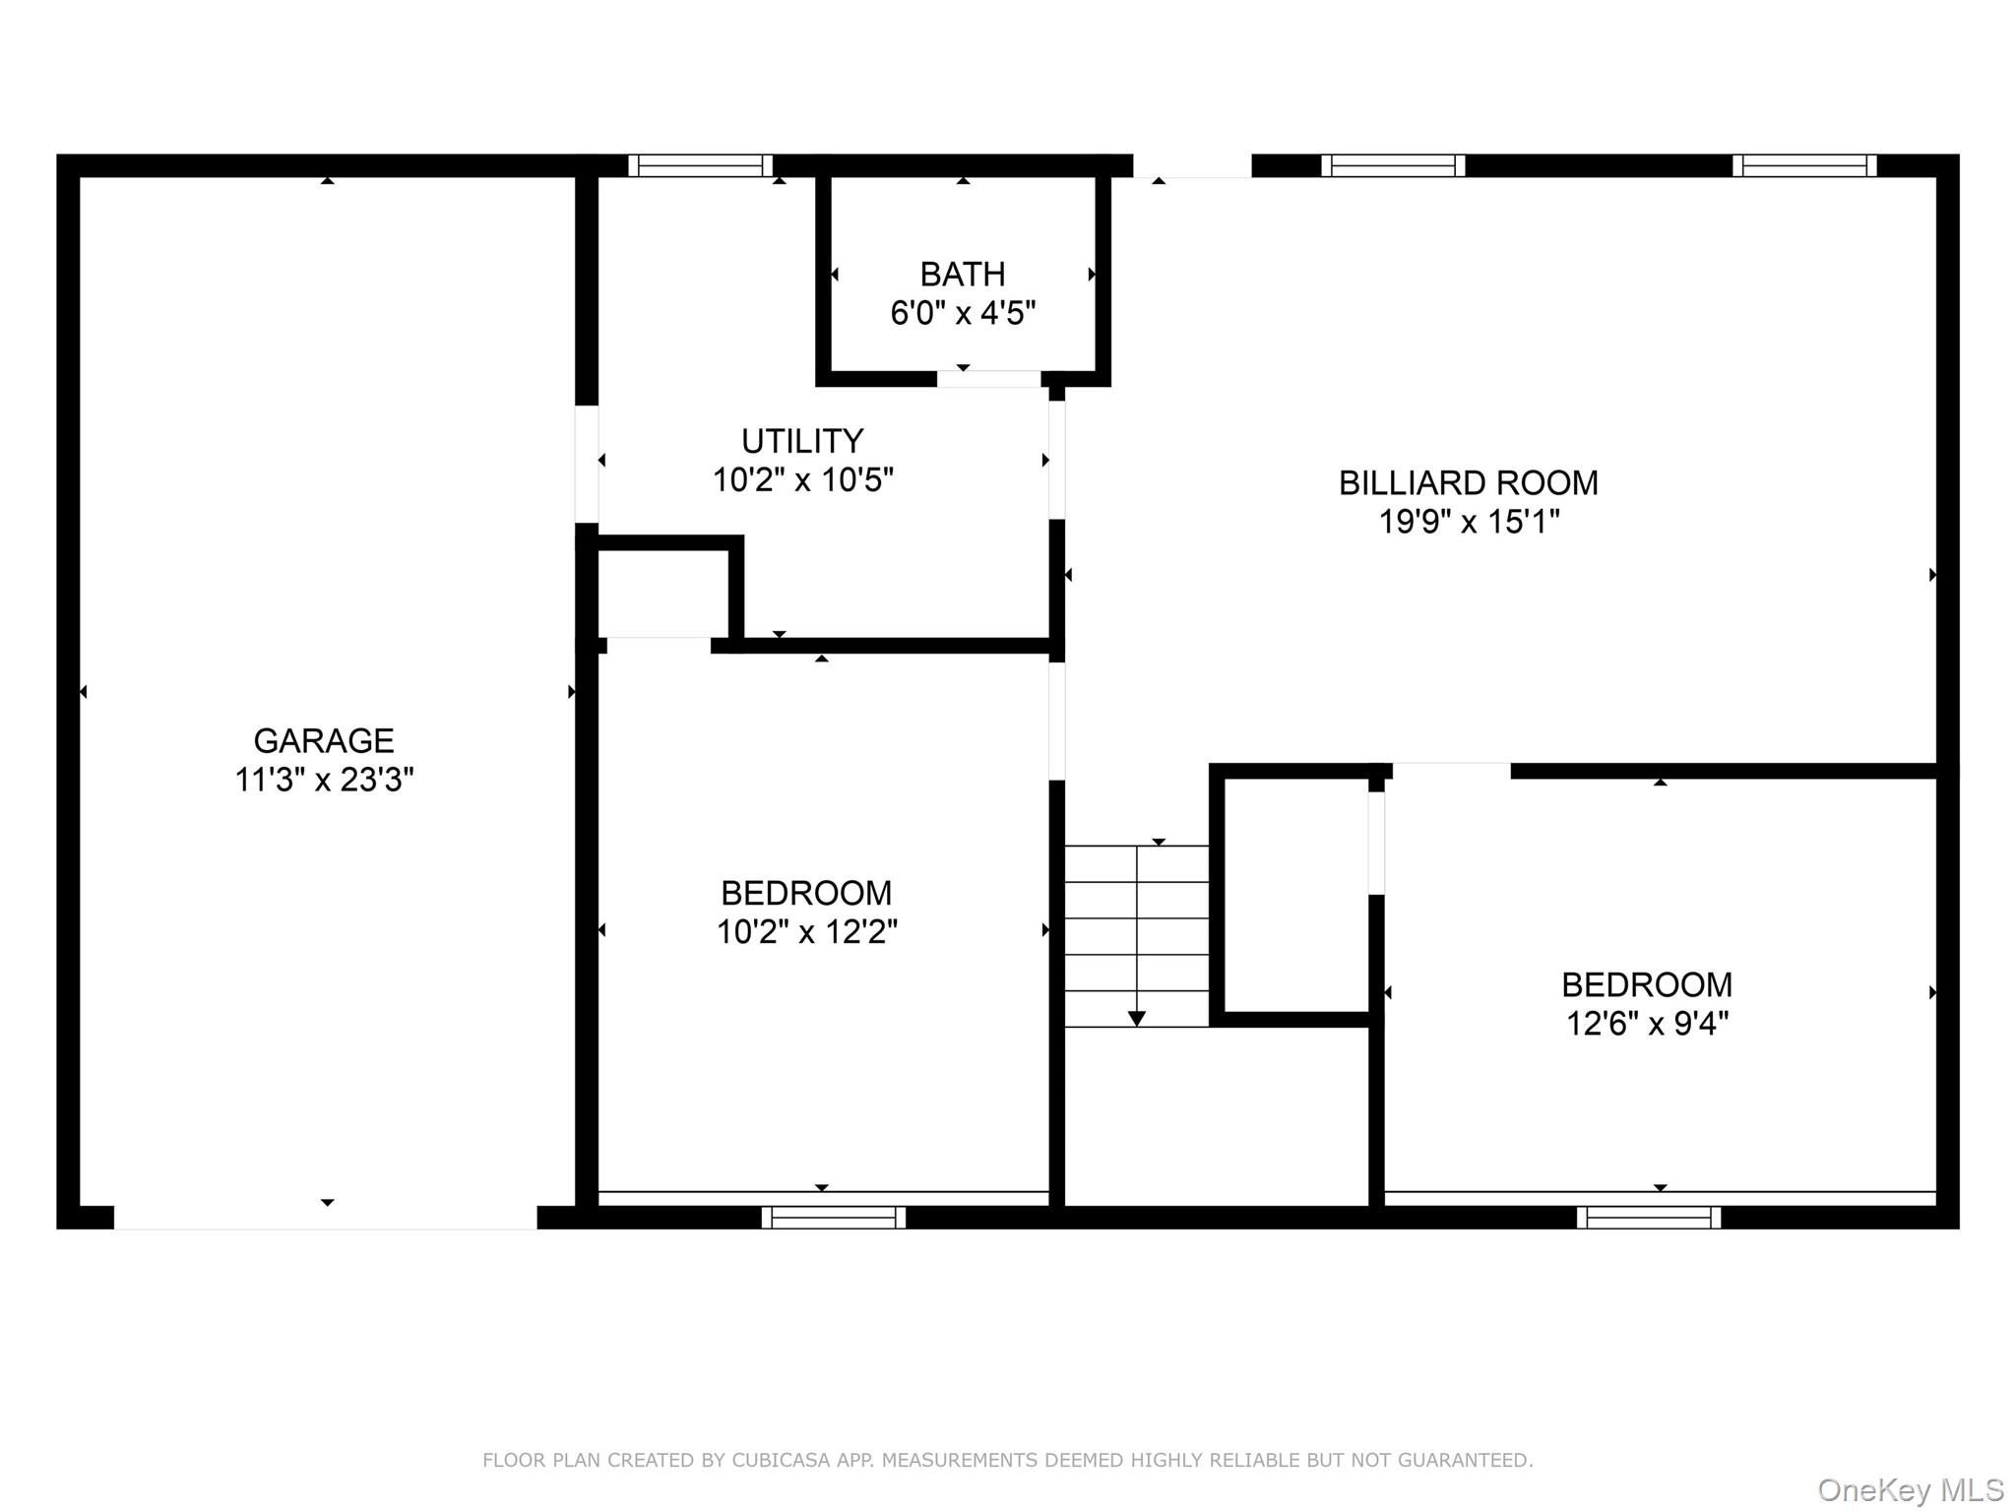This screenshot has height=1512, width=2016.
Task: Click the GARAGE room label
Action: pyautogui.click(x=323, y=740)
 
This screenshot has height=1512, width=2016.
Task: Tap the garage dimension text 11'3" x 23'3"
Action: pyautogui.click(x=323, y=780)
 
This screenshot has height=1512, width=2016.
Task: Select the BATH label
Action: pyautogui.click(x=962, y=274)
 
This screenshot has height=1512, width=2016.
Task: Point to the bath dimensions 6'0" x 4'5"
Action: pyautogui.click(x=962, y=313)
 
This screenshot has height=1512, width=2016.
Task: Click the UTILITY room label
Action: pyautogui.click(x=802, y=440)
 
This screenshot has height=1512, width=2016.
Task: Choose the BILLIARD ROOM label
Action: pyautogui.click(x=1468, y=482)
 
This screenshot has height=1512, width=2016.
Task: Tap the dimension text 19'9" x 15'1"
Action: pyautogui.click(x=1468, y=521)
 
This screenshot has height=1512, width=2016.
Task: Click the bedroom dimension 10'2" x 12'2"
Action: pyautogui.click(x=806, y=931)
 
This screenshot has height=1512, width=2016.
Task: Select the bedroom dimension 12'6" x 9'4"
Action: pyautogui.click(x=1647, y=1024)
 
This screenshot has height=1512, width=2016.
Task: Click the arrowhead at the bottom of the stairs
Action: pyautogui.click(x=1136, y=1019)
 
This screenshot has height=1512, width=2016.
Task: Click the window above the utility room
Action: pyautogui.click(x=700, y=165)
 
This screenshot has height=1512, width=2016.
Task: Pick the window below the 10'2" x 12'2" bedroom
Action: pyautogui.click(x=833, y=1218)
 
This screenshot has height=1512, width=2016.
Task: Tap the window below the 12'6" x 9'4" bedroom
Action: pyautogui.click(x=1649, y=1218)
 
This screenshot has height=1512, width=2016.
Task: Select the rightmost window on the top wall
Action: pyautogui.click(x=1804, y=165)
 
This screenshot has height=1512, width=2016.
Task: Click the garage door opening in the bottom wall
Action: pyautogui.click(x=325, y=1218)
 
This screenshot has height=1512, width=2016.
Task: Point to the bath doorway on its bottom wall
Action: pyautogui.click(x=988, y=379)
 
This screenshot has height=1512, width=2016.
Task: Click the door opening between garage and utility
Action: pyautogui.click(x=587, y=464)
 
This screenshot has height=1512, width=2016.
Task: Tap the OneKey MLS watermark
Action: pyautogui.click(x=1910, y=1489)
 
